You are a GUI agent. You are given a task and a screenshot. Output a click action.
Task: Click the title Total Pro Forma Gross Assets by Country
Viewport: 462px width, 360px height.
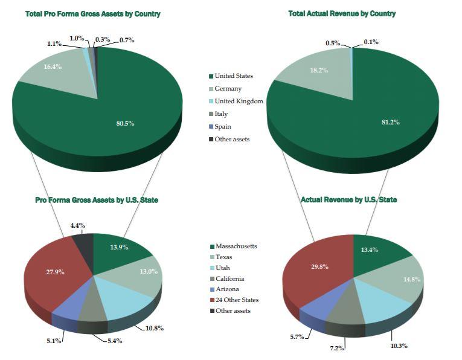click(x=93, y=13)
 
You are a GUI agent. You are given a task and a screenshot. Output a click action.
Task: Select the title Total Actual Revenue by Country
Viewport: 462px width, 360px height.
click(x=342, y=13)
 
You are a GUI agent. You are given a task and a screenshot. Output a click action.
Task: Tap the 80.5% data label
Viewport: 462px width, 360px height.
click(x=125, y=123)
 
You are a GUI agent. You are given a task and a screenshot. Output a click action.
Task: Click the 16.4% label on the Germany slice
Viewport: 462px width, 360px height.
click(x=53, y=66)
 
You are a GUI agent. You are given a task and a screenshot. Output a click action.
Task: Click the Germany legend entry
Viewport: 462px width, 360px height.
click(x=228, y=88)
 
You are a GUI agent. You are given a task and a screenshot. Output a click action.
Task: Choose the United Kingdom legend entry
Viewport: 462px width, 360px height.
click(x=239, y=101)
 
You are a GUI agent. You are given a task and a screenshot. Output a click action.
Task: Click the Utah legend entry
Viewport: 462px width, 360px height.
click(x=222, y=268)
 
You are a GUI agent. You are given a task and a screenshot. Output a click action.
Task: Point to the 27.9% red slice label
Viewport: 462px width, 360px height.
click(x=55, y=272)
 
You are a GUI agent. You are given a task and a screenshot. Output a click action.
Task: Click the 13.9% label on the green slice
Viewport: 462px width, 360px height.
click(x=119, y=248)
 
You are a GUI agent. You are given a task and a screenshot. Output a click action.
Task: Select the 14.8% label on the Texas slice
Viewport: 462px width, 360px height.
click(x=412, y=279)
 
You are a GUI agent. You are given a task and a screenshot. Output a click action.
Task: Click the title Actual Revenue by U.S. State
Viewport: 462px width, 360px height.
click(x=348, y=199)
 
